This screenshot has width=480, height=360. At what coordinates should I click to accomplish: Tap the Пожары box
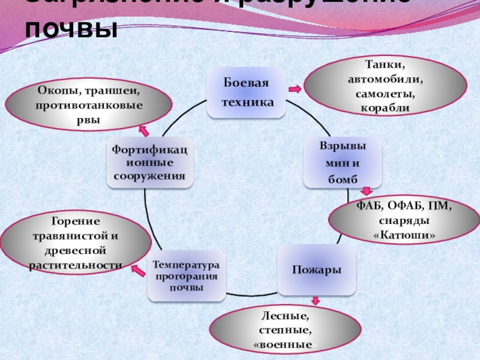pos(316,269)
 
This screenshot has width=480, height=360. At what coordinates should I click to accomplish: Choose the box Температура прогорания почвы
pos(186,276)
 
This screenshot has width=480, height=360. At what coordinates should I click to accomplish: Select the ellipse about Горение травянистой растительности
pos(76,244)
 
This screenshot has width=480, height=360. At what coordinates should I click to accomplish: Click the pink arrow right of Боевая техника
pos(295,89)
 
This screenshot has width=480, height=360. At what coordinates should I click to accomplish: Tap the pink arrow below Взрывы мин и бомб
pos(365,193)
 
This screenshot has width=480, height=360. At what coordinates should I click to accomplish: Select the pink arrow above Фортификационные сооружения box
pos(144,130)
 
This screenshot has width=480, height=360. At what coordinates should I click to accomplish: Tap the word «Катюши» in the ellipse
pos(404,234)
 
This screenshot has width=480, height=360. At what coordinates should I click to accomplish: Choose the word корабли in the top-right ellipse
pos(385,108)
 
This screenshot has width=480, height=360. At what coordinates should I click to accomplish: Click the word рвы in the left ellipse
pos(89,119)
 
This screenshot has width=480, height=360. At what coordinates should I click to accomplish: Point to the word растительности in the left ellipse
pos(76,264)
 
